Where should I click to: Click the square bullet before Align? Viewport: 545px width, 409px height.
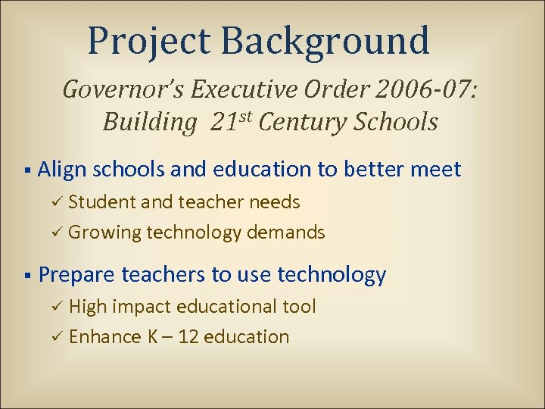(x=26, y=170)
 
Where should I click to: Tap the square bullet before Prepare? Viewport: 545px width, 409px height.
(x=26, y=275)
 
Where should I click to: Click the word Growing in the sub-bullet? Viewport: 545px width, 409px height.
(x=104, y=233)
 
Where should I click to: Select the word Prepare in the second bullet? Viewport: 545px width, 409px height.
(x=76, y=275)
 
